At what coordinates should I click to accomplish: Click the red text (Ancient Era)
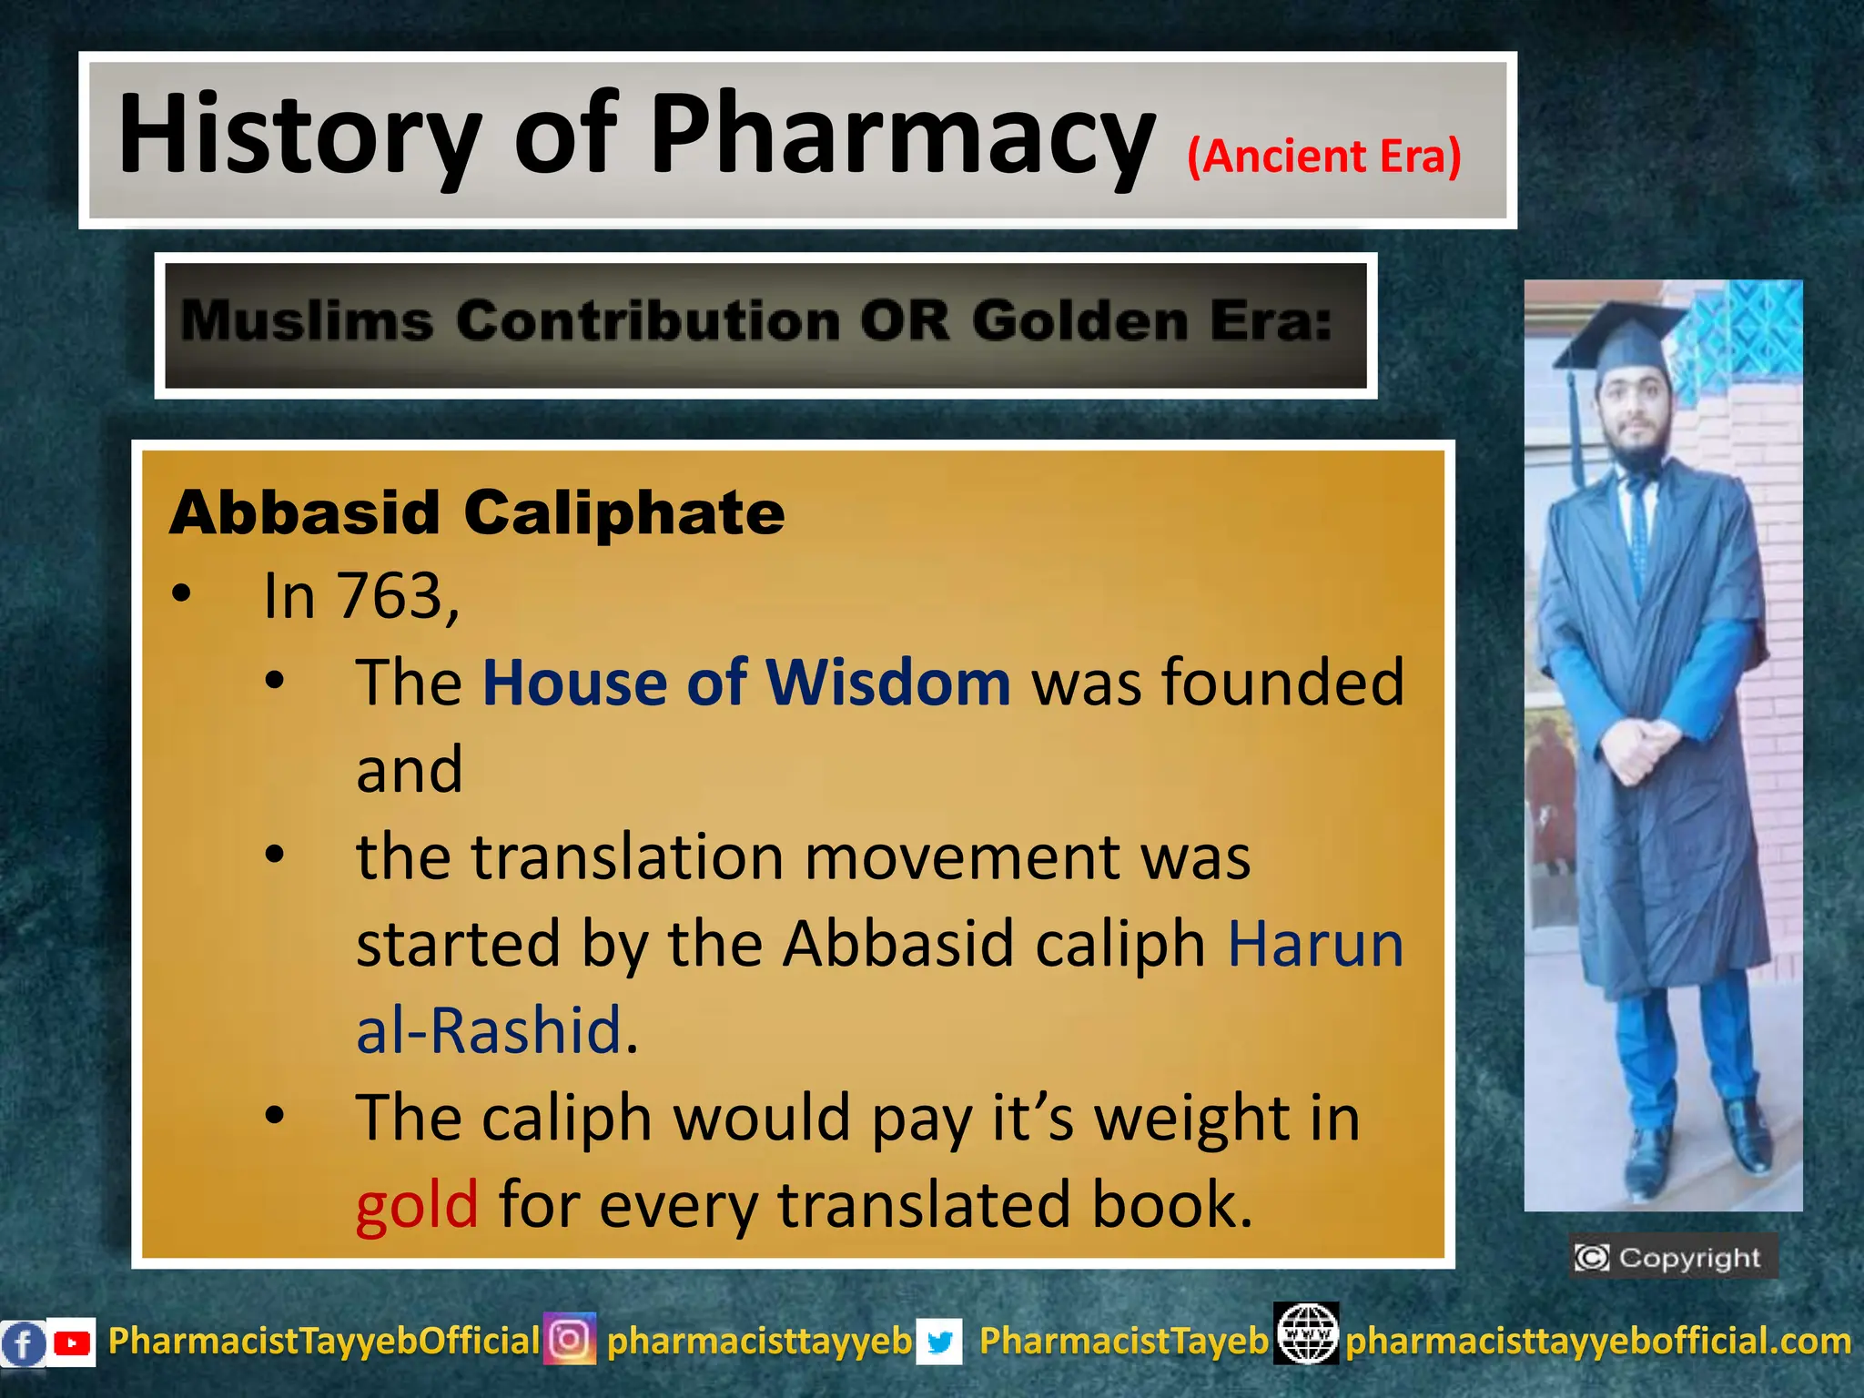coord(1324,157)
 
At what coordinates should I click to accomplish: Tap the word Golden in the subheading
coord(1079,321)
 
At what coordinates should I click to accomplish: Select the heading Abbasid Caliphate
coord(477,513)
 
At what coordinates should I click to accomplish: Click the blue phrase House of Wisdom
coord(746,683)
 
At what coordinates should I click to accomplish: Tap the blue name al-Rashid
coord(489,1031)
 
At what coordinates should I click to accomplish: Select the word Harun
coord(1315,944)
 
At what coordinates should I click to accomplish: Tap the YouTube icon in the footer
coord(71,1342)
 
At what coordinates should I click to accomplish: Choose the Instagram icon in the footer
coord(570,1339)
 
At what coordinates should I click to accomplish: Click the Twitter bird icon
coord(939,1342)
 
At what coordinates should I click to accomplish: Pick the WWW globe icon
coord(1306,1334)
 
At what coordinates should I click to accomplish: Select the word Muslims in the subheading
coord(308,321)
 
